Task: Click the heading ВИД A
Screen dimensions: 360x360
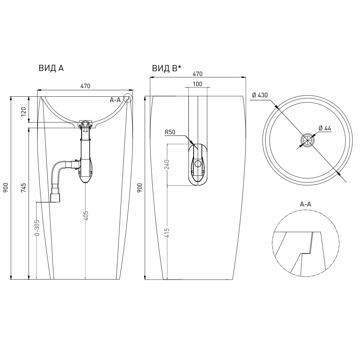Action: pyautogui.click(x=51, y=68)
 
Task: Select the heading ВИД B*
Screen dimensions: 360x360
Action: pyautogui.click(x=167, y=68)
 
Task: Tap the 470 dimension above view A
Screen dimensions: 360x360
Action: pyautogui.click(x=85, y=86)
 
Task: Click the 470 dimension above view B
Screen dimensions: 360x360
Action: pyautogui.click(x=197, y=74)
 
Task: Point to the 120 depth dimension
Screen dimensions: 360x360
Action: pyautogui.click(x=24, y=112)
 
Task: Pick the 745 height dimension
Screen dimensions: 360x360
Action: pyautogui.click(x=24, y=188)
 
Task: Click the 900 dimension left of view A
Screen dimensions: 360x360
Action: pyautogui.click(x=6, y=188)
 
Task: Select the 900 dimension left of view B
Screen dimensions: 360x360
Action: pyautogui.click(x=140, y=188)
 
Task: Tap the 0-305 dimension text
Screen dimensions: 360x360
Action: pyautogui.click(x=37, y=227)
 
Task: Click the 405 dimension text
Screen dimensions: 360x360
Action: pyautogui.click(x=86, y=216)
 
